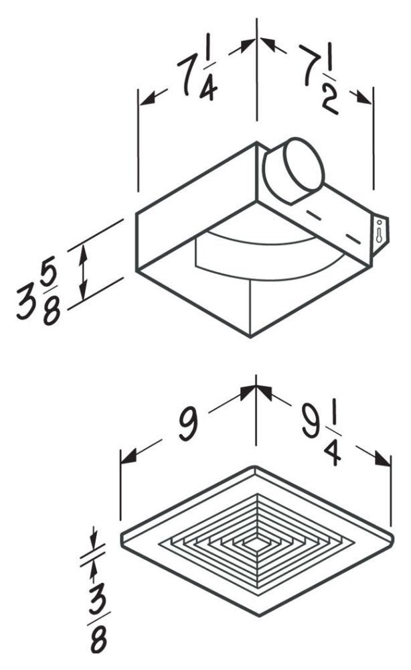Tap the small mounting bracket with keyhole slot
pyautogui.click(x=380, y=235)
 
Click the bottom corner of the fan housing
pyautogui.click(x=250, y=337)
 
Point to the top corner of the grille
pyautogui.click(x=255, y=468)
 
